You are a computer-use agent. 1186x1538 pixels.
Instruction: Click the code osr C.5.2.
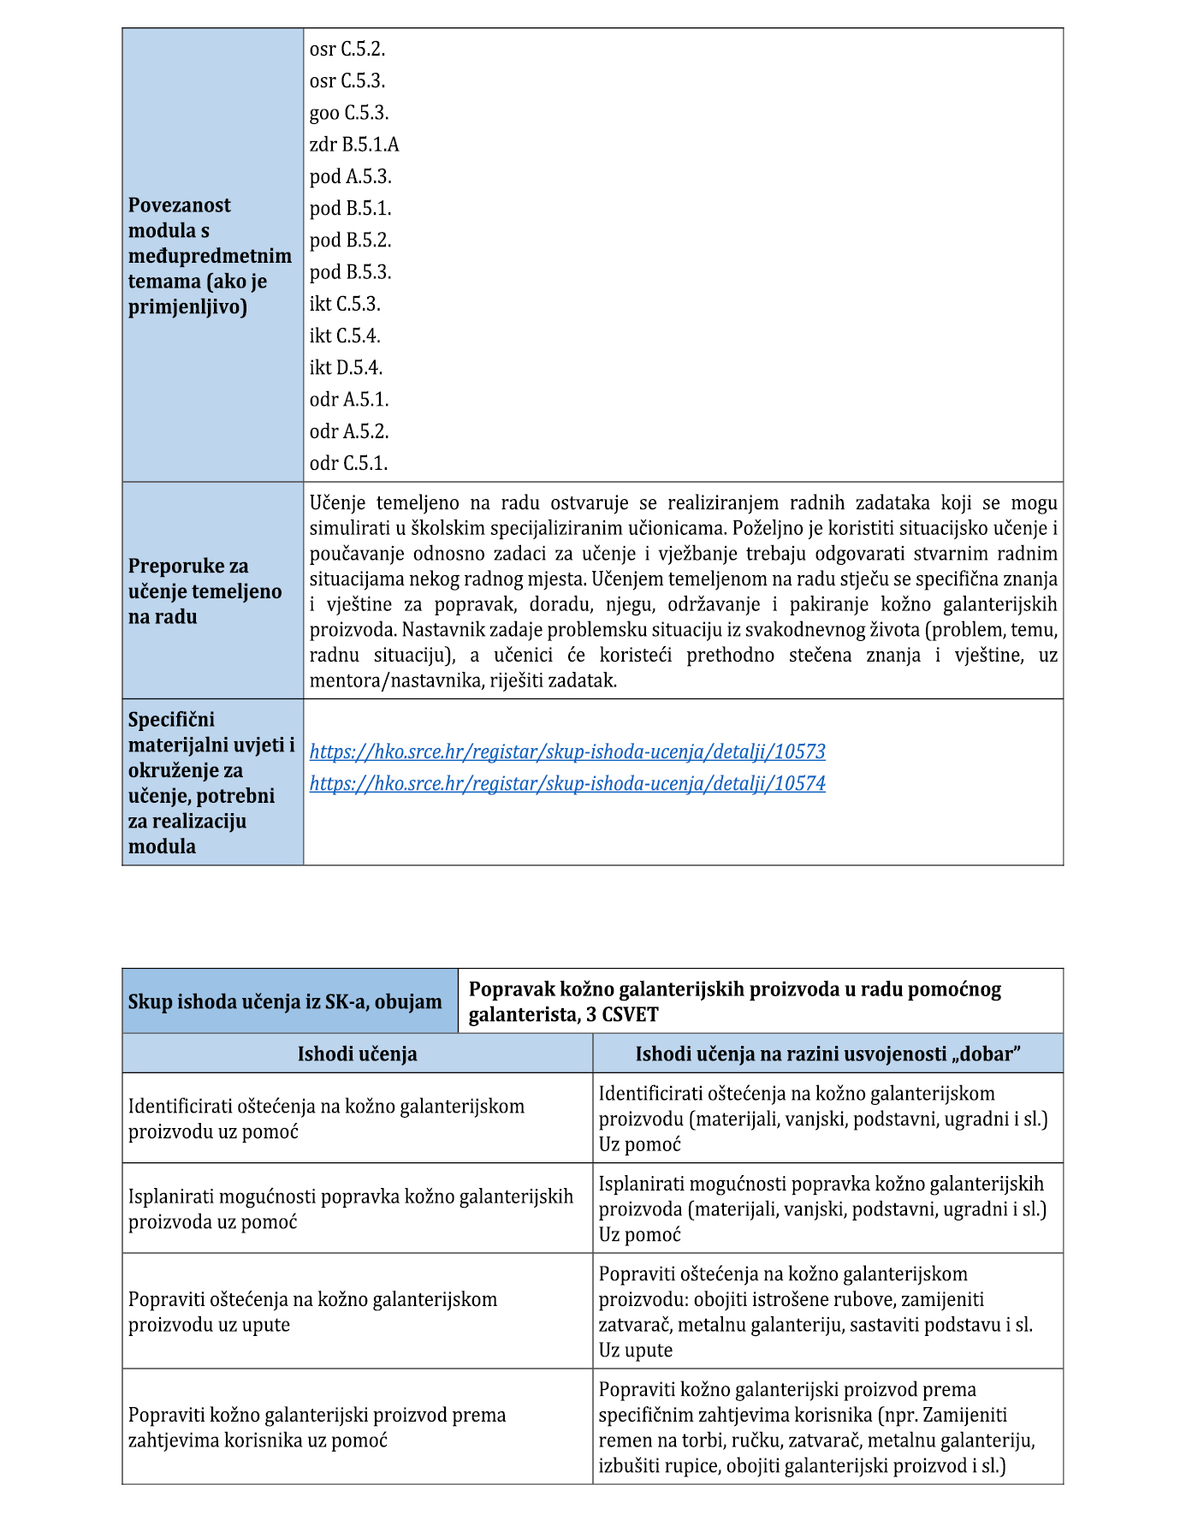(347, 50)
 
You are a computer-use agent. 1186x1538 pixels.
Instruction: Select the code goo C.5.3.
(349, 113)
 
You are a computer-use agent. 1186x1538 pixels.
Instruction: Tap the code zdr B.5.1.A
(354, 145)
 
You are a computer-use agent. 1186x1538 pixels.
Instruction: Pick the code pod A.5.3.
(350, 177)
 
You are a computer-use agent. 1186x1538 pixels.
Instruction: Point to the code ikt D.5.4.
(346, 368)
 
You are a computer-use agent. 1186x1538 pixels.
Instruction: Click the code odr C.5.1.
(348, 464)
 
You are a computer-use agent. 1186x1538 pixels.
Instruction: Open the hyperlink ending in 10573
(567, 752)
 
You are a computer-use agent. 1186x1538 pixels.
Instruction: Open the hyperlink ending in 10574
(567, 784)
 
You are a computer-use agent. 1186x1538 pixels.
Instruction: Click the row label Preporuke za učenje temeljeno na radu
(205, 591)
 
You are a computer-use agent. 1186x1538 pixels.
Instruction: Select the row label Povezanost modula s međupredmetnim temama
(210, 256)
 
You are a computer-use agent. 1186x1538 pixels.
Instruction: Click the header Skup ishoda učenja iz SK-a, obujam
(285, 1002)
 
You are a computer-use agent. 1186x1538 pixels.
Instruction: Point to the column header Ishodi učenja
(357, 1054)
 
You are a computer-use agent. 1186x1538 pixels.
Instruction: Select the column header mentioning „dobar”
(827, 1054)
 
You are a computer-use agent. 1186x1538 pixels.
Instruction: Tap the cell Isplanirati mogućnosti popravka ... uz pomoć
(351, 1209)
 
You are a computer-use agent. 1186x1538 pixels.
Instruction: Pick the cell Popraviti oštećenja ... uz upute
(312, 1312)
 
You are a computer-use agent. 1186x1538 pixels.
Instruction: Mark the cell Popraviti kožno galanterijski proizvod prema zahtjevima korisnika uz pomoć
(317, 1428)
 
